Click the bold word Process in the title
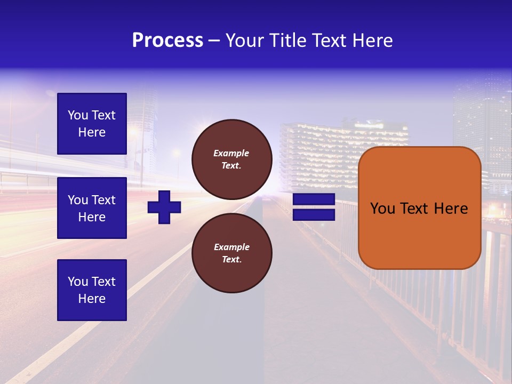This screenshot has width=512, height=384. (x=167, y=41)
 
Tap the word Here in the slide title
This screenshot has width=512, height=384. (x=372, y=41)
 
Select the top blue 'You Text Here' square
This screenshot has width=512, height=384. (x=92, y=124)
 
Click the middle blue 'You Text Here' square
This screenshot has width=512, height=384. (x=92, y=208)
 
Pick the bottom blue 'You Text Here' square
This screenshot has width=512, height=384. (x=92, y=290)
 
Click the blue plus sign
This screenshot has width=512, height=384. (x=164, y=207)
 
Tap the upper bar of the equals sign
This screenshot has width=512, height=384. (x=314, y=199)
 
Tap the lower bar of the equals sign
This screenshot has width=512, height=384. (x=314, y=214)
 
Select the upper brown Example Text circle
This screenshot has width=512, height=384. (x=231, y=159)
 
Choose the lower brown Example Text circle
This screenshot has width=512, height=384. (x=231, y=253)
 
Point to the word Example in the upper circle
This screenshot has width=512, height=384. (x=231, y=153)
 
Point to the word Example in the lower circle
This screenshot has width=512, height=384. (x=231, y=247)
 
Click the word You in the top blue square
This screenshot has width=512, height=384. (x=78, y=115)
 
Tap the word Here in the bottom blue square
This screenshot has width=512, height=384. (x=92, y=299)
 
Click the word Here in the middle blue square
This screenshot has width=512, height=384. (x=92, y=217)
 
